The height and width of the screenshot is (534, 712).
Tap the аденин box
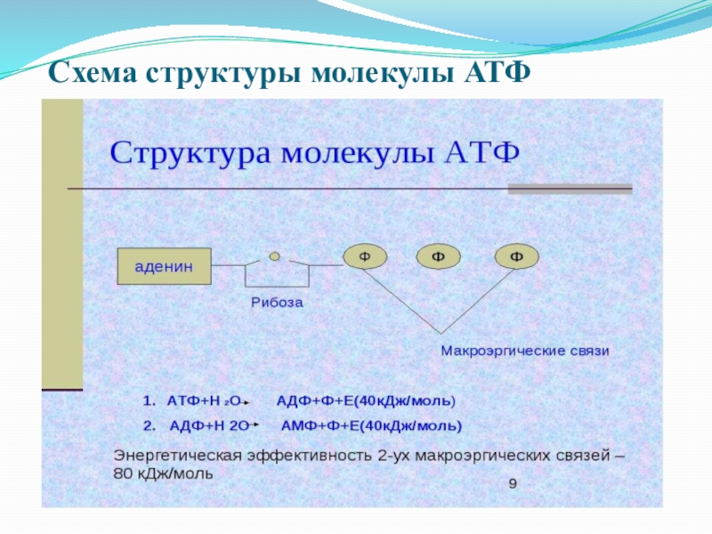tap(165, 266)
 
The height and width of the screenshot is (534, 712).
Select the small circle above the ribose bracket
tap(275, 256)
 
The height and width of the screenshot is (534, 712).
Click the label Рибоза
tap(277, 303)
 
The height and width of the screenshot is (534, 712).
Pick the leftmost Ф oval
tap(365, 256)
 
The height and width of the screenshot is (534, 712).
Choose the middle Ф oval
tap(439, 256)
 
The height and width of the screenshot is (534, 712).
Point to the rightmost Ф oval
tap(516, 256)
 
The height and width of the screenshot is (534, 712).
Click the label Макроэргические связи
tap(525, 351)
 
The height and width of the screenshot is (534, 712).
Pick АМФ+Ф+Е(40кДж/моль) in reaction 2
tap(371, 425)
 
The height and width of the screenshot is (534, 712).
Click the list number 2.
tap(148, 425)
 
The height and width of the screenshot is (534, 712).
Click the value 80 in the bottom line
tap(123, 473)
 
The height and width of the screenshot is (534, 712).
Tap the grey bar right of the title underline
tap(570, 189)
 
